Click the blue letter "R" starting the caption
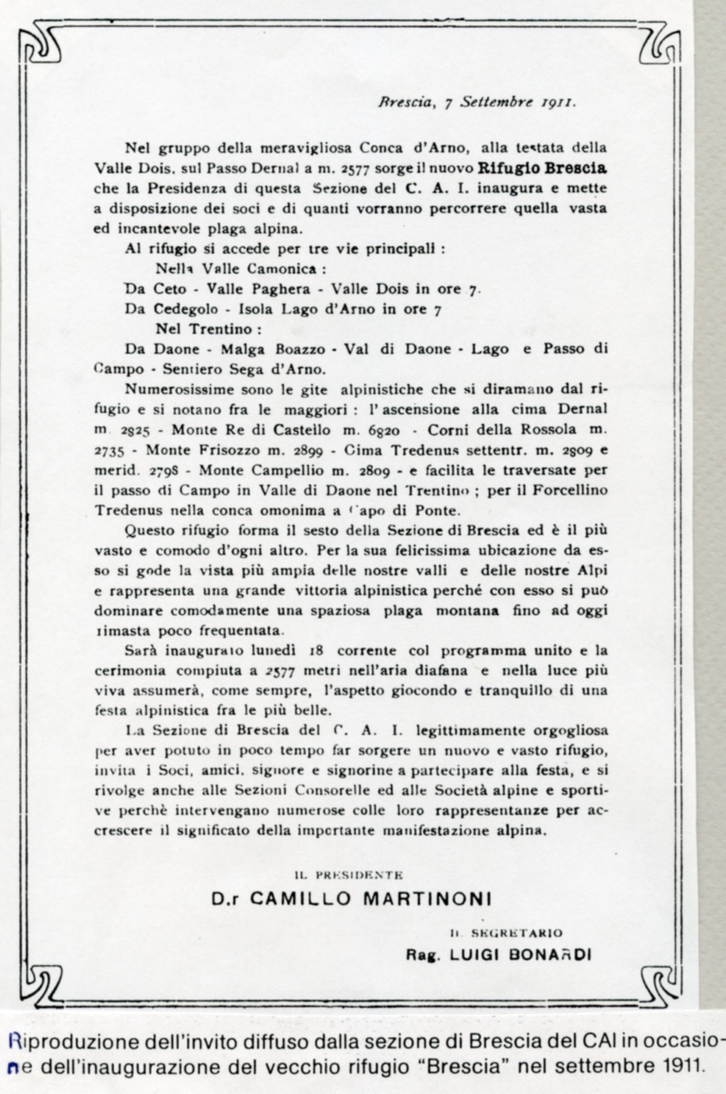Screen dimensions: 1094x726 pyautogui.click(x=10, y=1037)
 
